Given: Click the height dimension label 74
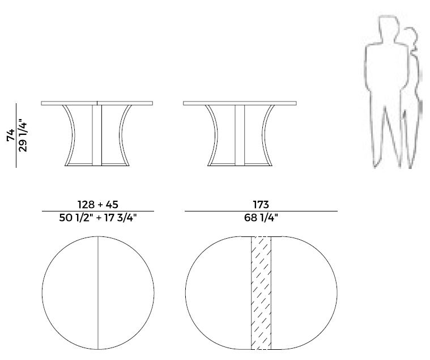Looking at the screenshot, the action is [11, 135].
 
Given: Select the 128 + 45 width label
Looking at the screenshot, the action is [98, 205].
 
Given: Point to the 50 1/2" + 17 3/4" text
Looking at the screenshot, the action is [98, 218].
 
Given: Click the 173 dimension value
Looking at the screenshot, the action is [261, 205].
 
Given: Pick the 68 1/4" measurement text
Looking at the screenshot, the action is [261, 218].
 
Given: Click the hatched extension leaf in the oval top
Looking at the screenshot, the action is [261, 293].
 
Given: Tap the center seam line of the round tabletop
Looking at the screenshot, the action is [98, 293].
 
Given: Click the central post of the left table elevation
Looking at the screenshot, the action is [97, 135].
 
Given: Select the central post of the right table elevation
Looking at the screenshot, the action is [240, 135].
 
